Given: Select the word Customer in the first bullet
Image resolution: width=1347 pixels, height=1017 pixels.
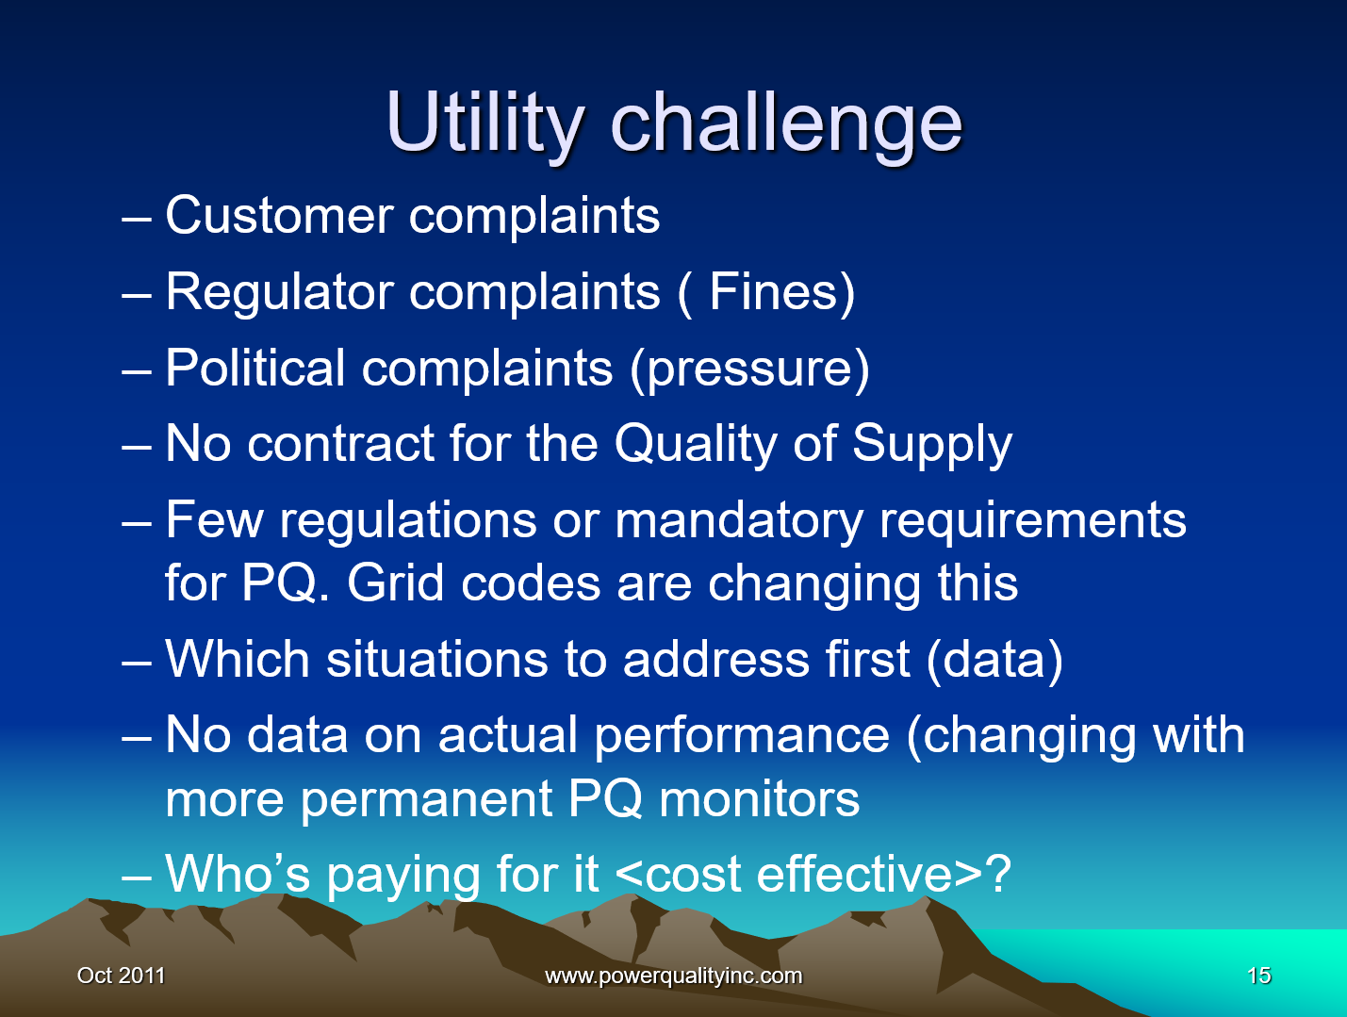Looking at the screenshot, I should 279,216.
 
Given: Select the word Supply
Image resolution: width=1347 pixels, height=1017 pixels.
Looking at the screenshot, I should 931,444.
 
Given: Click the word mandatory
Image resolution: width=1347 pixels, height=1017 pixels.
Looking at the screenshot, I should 738,520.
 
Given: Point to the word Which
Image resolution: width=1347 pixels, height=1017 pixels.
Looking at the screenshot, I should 237,659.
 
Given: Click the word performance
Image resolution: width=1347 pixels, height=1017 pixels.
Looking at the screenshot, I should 742,735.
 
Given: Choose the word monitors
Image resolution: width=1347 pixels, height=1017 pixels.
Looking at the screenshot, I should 759,799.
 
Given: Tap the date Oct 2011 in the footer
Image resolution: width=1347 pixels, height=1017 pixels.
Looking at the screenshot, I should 121,976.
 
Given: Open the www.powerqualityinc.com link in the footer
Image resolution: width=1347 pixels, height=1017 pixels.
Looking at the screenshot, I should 673,976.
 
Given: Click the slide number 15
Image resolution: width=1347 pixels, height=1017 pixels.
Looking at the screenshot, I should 1258,976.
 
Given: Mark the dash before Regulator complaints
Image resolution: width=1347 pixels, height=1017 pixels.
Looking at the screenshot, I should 137,293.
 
